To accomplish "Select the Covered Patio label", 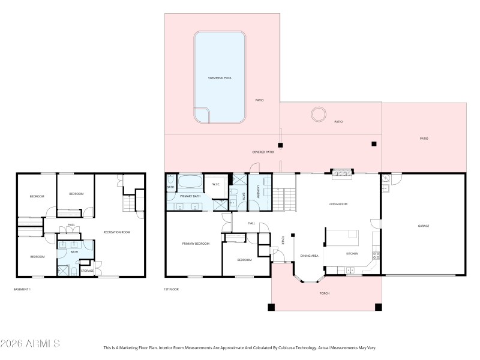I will [x=263, y=152].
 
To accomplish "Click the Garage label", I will [x=424, y=226].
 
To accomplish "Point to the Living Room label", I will [x=338, y=204].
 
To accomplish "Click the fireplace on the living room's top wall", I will [x=343, y=173].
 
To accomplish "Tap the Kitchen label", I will [x=352, y=254].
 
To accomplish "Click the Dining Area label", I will [x=309, y=256].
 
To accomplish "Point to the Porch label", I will [x=324, y=293].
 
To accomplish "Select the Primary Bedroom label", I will [x=196, y=244].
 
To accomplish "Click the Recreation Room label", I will [x=117, y=232].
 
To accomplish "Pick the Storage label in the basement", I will [x=88, y=271].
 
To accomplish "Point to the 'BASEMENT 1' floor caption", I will [x=22, y=290].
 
